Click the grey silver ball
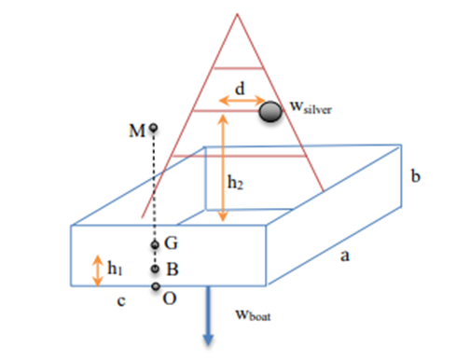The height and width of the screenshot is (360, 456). pyautogui.click(x=270, y=112)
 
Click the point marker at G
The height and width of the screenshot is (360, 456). pyautogui.click(x=156, y=245)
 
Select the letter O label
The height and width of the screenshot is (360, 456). pyautogui.click(x=171, y=299)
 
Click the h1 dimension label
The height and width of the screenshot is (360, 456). pyautogui.click(x=116, y=270)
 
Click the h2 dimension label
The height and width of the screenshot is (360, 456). pyautogui.click(x=238, y=182)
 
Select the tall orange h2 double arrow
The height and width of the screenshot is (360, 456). pyautogui.click(x=222, y=168)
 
